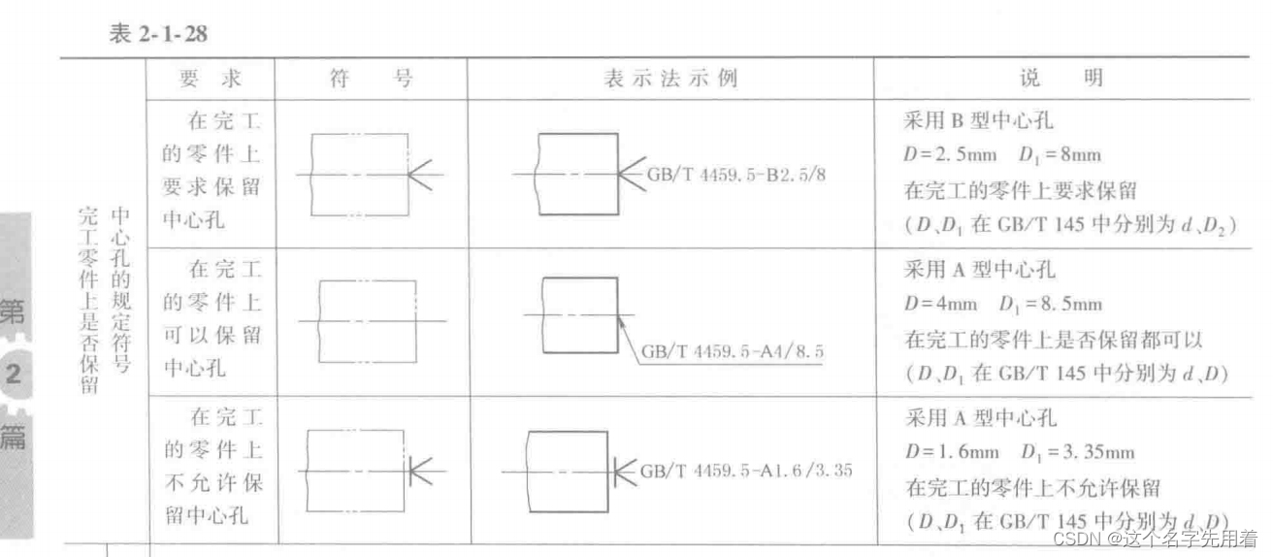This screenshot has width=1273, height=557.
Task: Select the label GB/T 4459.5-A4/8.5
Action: pyautogui.click(x=732, y=351)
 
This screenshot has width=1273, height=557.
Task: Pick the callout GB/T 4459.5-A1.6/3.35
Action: pyautogui.click(x=745, y=472)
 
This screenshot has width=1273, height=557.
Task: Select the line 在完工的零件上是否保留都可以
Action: pyautogui.click(x=1053, y=339)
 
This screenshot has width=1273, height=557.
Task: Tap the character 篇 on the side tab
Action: pyautogui.click(x=14, y=437)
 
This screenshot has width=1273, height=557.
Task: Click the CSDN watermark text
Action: pyautogui.click(x=1155, y=538)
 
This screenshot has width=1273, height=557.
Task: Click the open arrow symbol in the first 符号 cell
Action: pyautogui.click(x=423, y=174)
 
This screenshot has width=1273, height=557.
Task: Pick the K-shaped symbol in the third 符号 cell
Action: pyautogui.click(x=423, y=472)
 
